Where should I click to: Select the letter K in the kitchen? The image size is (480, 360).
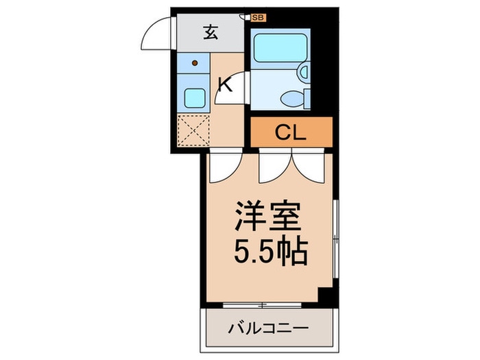224,84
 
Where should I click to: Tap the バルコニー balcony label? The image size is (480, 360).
268,328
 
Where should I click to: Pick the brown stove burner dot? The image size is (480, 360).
195,64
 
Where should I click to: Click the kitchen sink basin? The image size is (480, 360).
194,99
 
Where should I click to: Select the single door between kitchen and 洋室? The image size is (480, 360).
224,167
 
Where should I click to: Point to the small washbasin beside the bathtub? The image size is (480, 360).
304,71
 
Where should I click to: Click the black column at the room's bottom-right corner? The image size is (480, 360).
326,296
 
